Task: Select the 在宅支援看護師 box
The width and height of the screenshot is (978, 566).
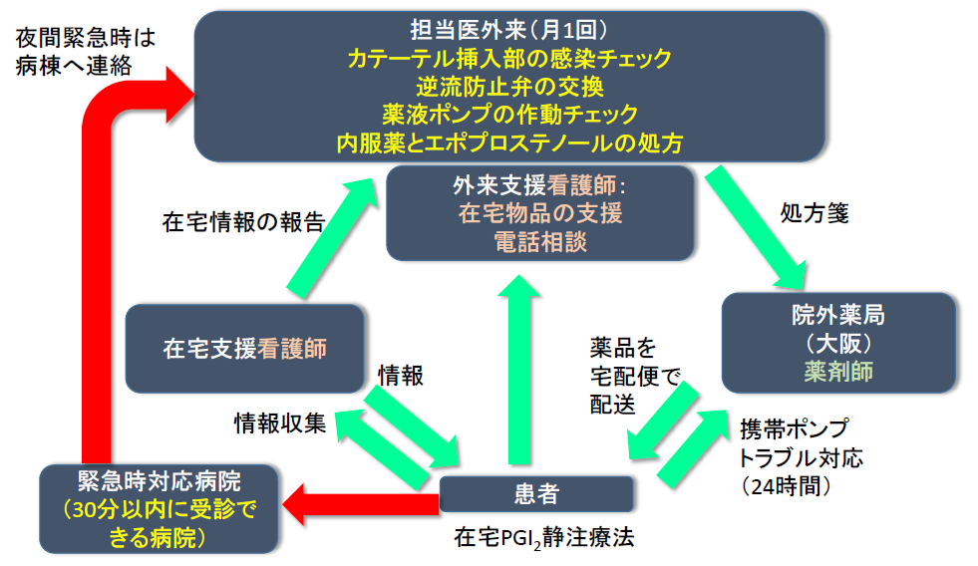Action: click(x=245, y=348)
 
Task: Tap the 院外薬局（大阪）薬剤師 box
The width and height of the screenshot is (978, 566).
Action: click(x=838, y=343)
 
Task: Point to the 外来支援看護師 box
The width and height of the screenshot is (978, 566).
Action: click(x=539, y=212)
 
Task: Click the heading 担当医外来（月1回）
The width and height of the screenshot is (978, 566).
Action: click(x=508, y=29)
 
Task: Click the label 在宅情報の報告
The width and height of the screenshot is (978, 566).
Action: click(x=243, y=222)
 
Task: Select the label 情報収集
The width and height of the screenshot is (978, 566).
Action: click(x=279, y=423)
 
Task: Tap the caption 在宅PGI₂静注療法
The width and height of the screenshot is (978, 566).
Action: click(x=544, y=538)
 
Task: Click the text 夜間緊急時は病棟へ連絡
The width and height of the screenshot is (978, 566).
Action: click(x=87, y=52)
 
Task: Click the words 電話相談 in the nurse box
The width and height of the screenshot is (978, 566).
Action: click(x=539, y=241)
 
